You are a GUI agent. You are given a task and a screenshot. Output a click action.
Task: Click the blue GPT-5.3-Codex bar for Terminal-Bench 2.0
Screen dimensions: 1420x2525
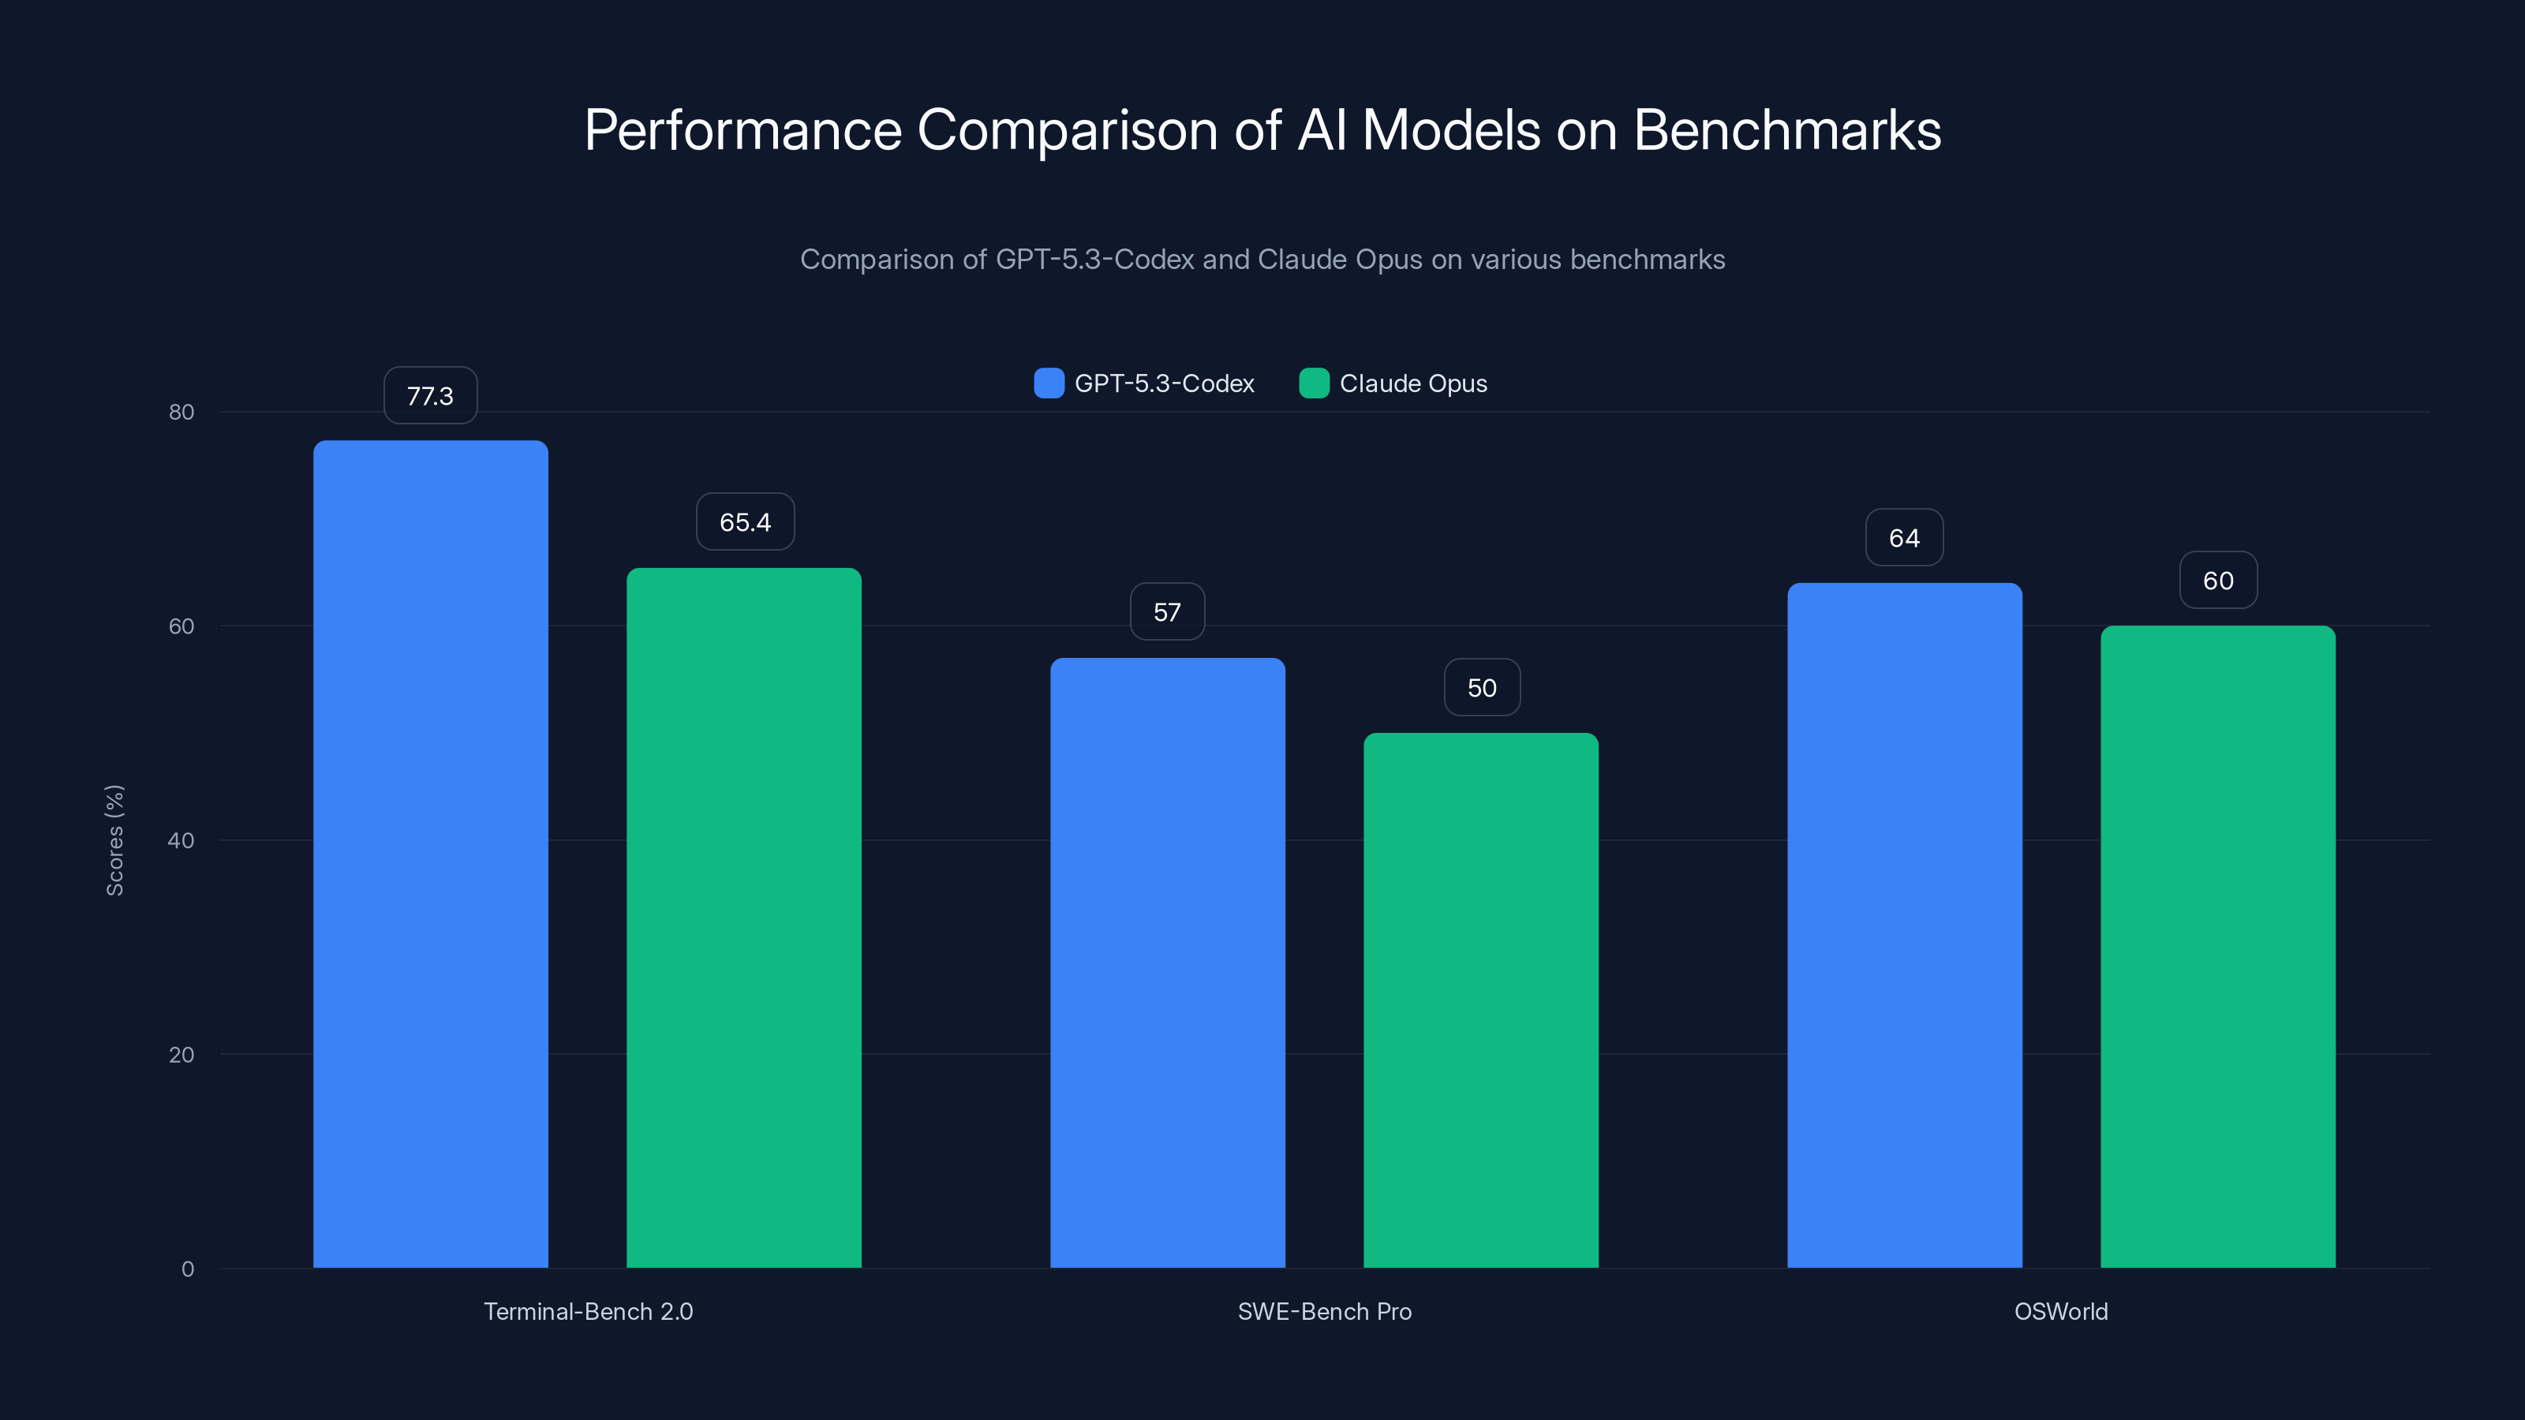point(430,853)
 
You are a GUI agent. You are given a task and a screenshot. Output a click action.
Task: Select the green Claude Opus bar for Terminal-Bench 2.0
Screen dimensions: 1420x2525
point(744,916)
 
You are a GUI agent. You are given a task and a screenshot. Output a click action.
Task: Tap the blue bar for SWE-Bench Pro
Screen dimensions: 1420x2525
point(1168,960)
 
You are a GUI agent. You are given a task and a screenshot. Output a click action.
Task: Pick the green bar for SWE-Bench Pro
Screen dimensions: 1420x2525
point(1481,1000)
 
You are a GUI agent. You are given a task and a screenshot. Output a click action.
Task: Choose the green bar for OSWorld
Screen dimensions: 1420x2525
point(2218,946)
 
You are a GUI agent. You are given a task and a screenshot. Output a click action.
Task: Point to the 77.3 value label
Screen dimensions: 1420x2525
point(430,396)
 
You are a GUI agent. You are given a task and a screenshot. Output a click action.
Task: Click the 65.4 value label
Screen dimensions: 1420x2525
point(745,522)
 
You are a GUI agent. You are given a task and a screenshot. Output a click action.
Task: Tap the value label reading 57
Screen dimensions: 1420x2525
point(1166,612)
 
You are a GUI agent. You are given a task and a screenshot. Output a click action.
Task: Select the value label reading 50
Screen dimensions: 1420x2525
point(1482,688)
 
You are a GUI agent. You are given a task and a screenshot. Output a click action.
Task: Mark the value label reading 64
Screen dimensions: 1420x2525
point(1903,538)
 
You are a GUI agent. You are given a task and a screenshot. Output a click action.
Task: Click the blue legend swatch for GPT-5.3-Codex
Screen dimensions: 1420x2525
point(1049,383)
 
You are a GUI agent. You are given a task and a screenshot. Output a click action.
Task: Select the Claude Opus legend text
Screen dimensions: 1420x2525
point(1412,383)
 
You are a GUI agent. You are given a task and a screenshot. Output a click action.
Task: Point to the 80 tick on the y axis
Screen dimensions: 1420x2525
point(181,412)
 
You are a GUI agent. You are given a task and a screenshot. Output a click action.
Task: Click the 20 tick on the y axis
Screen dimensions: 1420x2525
point(181,1055)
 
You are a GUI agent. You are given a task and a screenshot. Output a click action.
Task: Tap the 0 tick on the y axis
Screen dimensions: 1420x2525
point(187,1269)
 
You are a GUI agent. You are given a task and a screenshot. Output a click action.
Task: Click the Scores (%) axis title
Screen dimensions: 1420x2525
point(114,840)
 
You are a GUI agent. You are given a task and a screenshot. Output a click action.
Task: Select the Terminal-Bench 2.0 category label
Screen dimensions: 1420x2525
point(588,1311)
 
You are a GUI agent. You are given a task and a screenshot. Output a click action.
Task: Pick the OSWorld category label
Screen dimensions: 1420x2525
point(2060,1311)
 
